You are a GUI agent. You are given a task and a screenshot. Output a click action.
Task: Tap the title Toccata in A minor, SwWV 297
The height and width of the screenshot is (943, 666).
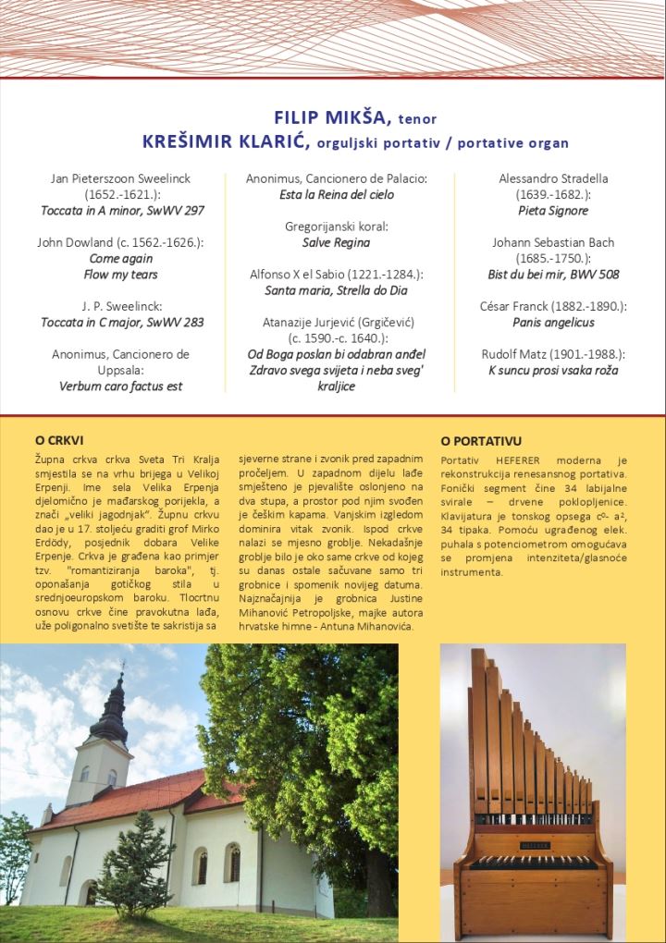(122, 210)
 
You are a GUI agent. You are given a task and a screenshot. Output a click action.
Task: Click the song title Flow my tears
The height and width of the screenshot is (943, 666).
(121, 275)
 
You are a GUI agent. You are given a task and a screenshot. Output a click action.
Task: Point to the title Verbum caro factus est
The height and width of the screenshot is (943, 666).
(121, 386)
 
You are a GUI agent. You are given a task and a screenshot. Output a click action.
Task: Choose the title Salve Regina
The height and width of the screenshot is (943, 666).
(336, 242)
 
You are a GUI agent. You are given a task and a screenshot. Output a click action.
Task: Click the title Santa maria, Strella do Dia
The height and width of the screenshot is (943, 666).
(337, 290)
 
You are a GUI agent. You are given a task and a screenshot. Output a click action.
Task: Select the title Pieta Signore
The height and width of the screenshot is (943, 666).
(553, 211)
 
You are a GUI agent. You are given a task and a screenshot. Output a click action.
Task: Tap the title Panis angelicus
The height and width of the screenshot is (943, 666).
(553, 323)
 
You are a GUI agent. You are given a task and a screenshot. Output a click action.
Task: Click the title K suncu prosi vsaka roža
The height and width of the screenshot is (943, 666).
(553, 371)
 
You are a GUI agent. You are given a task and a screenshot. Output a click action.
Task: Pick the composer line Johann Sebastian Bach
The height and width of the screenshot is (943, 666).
(553, 242)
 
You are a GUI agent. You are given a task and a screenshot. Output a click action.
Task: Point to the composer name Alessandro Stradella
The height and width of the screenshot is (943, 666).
(553, 178)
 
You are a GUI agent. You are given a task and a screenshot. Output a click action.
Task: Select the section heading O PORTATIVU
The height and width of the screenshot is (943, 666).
(481, 442)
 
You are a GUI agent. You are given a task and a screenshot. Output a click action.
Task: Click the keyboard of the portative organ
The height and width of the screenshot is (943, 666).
(532, 862)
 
